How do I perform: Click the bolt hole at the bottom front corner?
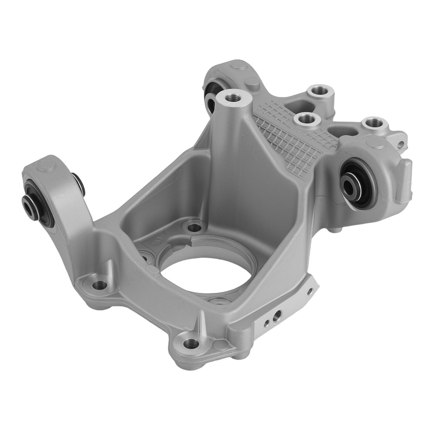coord(190,343)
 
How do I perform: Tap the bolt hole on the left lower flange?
coord(100,285)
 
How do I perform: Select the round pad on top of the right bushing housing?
coord(372,143)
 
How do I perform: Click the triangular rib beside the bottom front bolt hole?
coord(201,323)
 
